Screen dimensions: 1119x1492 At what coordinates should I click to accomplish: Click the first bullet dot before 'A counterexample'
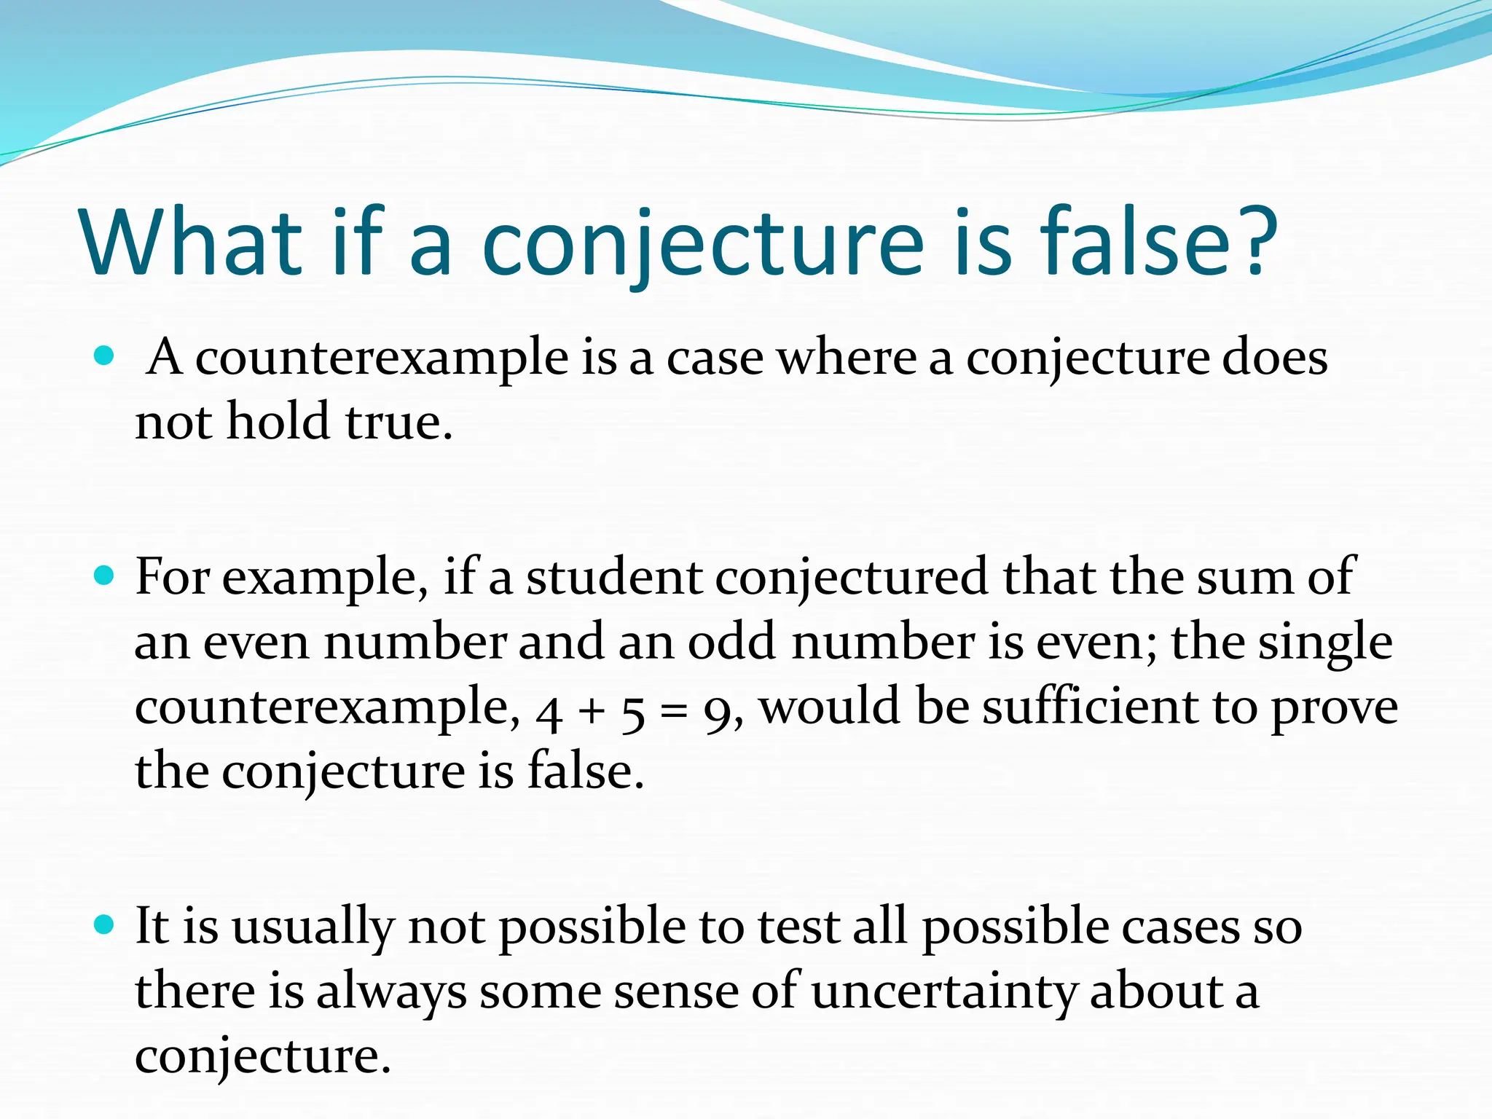[x=105, y=356]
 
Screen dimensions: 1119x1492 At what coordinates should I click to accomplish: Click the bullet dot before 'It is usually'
[x=105, y=926]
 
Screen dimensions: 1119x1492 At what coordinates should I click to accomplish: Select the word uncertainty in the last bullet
[x=943, y=992]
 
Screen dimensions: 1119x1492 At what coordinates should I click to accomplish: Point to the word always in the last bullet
[x=392, y=992]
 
